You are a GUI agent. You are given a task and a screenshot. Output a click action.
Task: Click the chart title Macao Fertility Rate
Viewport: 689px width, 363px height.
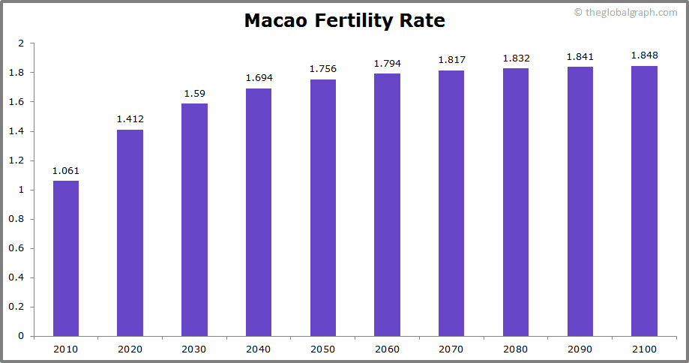344,21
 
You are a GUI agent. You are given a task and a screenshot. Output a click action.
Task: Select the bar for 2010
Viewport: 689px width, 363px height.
66,258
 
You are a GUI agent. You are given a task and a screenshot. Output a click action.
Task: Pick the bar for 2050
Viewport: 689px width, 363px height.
323,208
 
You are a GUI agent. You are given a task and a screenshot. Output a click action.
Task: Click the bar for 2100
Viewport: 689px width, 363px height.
644,201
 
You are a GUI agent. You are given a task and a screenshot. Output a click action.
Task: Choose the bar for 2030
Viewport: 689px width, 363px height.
194,220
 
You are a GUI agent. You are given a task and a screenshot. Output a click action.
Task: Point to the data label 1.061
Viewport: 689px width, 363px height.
66,171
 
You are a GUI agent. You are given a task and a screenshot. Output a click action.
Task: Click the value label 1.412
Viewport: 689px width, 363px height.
130,119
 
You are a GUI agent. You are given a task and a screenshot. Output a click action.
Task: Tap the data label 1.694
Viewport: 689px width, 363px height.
259,78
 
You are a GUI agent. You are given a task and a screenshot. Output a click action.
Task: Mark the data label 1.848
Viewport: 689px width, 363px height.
644,55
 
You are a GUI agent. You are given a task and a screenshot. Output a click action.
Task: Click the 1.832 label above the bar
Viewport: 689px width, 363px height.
516,58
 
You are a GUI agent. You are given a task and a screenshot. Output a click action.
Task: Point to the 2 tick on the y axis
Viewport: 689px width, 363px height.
22,43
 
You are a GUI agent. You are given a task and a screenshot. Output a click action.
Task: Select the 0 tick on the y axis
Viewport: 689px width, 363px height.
22,336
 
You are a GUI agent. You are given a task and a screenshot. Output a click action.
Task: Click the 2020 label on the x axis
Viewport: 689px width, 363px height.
130,349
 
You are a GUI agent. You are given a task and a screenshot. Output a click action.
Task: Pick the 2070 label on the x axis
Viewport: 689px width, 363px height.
451,349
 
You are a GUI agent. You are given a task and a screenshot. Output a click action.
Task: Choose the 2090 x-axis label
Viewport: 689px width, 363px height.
580,349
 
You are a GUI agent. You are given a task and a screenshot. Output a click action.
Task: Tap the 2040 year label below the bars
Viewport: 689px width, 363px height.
259,349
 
